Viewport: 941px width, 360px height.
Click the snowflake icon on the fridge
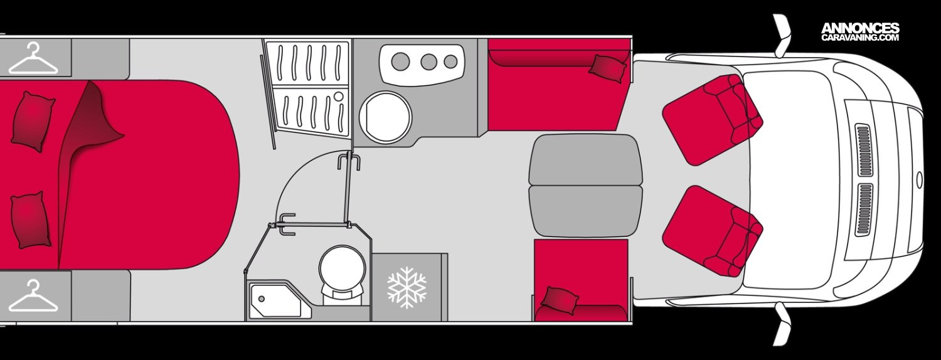[407, 287]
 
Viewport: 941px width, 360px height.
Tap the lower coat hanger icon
[33, 297]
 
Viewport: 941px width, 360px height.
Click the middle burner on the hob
[428, 61]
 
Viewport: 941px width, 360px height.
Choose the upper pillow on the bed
[33, 121]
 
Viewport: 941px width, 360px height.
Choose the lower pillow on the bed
[30, 220]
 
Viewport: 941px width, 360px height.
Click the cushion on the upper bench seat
[607, 66]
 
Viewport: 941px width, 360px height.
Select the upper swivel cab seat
[712, 119]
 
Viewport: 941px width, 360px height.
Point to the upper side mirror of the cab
[782, 35]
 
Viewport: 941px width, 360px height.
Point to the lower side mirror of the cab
[782, 323]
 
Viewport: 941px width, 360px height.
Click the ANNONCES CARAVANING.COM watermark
[860, 32]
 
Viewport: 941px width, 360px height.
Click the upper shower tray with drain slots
[307, 63]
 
